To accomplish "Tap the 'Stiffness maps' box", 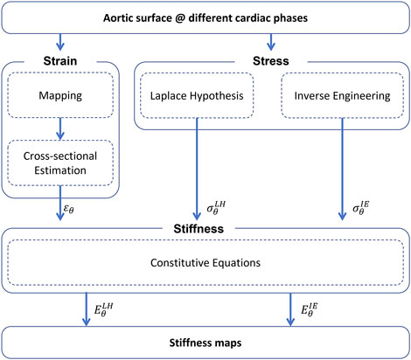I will point(205,340).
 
